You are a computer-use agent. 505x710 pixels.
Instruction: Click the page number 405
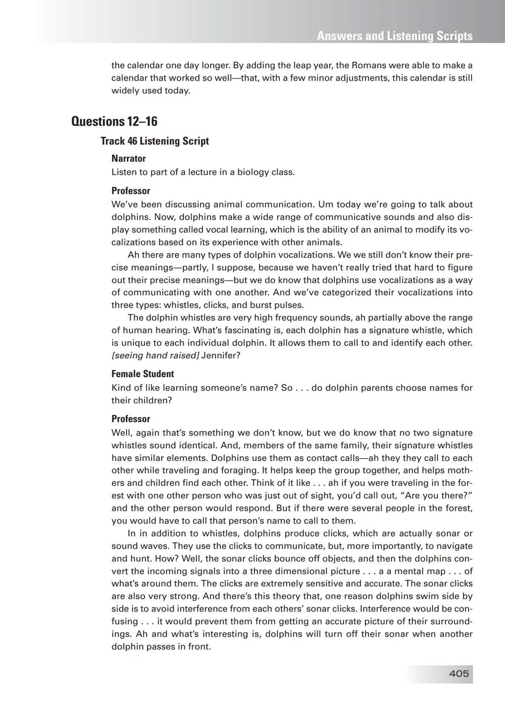pyautogui.click(x=459, y=674)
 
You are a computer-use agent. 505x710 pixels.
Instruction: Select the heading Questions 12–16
pyautogui.click(x=114, y=122)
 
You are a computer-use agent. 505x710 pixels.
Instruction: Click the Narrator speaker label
pyautogui.click(x=129, y=158)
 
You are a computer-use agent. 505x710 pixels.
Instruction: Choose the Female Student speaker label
pyautogui.click(x=143, y=374)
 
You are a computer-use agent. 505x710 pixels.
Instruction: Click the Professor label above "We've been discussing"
pyautogui.click(x=131, y=191)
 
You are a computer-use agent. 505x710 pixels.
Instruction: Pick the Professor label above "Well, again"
pyautogui.click(x=131, y=419)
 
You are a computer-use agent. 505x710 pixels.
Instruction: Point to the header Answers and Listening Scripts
pyautogui.click(x=395, y=36)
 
